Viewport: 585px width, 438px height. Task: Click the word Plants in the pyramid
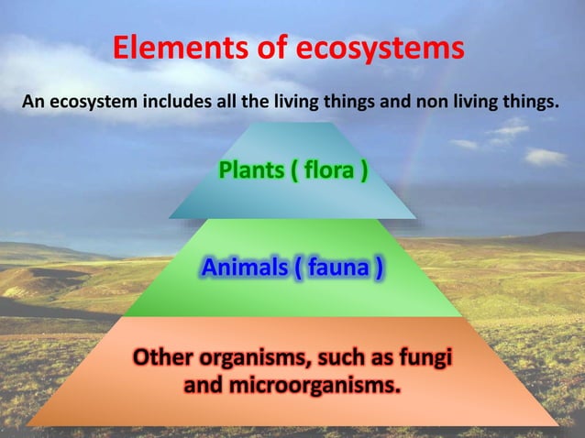pos(251,170)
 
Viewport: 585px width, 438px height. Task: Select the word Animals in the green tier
pos(243,268)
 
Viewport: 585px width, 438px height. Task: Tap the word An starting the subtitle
pos(31,101)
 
